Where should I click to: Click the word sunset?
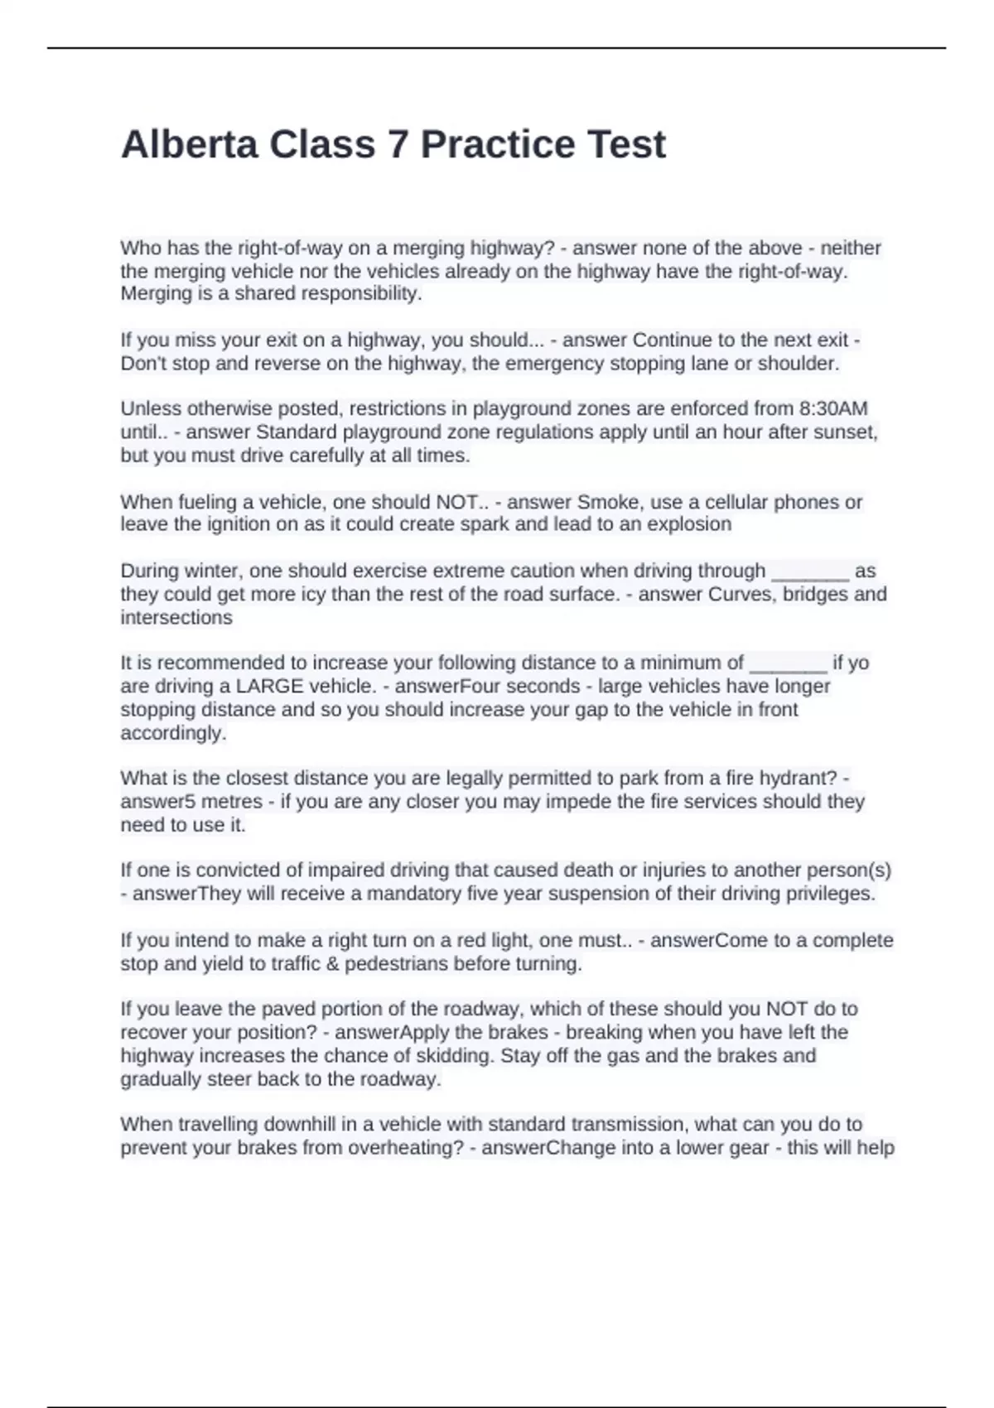click(846, 432)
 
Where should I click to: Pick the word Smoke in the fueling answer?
click(610, 502)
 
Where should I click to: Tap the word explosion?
click(688, 524)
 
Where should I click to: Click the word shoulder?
click(797, 363)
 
